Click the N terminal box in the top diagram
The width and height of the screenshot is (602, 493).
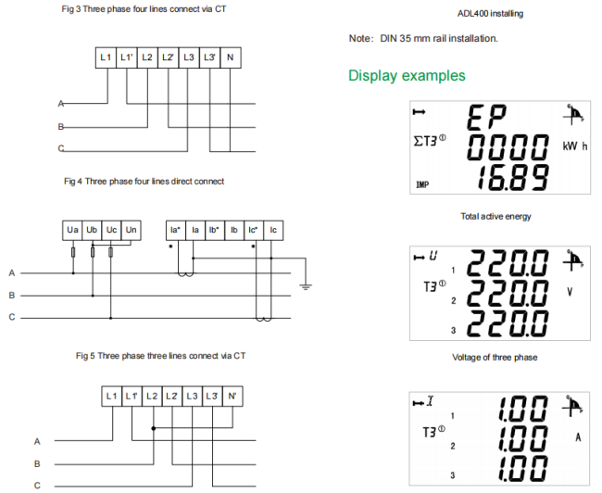231,57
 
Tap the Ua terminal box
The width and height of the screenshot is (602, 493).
72,230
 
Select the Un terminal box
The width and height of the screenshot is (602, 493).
132,230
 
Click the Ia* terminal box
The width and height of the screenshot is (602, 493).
175,230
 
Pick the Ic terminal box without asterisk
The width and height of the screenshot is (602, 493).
273,230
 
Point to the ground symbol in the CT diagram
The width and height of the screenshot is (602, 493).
306,286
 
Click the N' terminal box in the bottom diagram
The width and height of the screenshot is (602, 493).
232,397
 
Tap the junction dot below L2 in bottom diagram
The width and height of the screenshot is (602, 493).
154,428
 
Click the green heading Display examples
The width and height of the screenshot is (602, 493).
407,75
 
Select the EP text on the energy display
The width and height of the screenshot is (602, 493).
487,117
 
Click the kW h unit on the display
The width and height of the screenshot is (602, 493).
575,146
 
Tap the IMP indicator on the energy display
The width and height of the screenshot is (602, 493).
422,184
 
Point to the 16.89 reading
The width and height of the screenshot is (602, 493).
512,178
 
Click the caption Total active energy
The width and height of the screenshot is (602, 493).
495,216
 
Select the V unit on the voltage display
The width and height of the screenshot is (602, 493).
570,292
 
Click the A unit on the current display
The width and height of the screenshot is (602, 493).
578,437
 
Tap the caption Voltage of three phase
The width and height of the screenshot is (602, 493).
495,358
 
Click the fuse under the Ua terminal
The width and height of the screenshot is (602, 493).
73,252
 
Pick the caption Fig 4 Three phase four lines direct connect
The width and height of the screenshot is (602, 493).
144,182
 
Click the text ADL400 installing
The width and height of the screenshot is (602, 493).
490,14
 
